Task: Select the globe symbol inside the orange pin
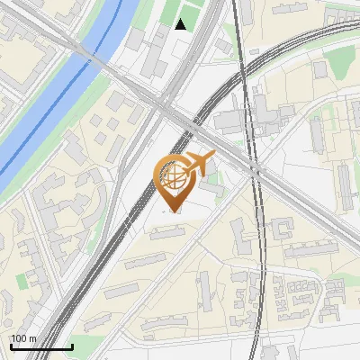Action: click(174, 176)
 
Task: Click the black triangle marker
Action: click(181, 24)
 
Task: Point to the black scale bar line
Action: click(41, 346)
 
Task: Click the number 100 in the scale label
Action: click(19, 338)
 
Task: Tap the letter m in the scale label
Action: click(33, 338)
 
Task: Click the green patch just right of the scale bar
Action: click(85, 346)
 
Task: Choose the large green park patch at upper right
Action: click(342, 63)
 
